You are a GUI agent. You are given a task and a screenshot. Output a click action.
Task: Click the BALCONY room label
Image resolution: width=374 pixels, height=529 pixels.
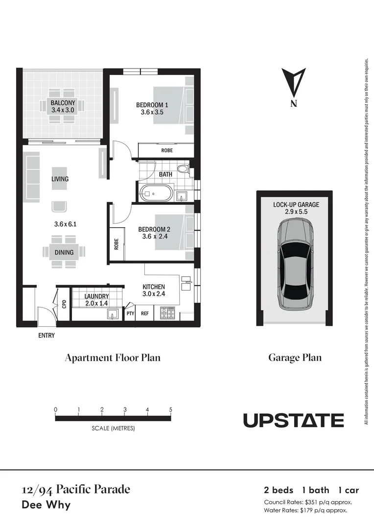tap(63, 103)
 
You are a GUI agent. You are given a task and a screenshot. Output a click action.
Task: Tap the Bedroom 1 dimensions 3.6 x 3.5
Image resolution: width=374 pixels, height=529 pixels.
tap(152, 112)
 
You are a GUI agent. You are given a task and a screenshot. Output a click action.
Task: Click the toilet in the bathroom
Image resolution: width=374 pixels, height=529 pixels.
tap(182, 169)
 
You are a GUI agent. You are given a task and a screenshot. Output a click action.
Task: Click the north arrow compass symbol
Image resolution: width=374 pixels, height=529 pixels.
tap(294, 84)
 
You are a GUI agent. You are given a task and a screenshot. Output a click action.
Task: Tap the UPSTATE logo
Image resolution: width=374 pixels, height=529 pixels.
tap(294, 420)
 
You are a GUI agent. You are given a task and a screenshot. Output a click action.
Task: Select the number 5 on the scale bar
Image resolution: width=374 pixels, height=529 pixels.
tap(171, 409)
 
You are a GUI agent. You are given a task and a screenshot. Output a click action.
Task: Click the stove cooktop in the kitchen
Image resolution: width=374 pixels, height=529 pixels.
tap(167, 312)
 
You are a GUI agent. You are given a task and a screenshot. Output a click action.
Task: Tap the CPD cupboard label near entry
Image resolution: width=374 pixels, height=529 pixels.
tap(64, 304)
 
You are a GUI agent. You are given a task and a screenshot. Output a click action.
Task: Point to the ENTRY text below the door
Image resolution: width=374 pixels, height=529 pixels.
tap(47, 336)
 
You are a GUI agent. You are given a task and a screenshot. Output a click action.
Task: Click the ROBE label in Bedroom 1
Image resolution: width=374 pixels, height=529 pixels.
tap(167, 150)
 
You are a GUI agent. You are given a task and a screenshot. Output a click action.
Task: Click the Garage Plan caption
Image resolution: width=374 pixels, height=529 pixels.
tap(295, 358)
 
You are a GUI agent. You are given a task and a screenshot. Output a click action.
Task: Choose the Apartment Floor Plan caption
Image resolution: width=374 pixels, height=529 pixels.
tap(113, 358)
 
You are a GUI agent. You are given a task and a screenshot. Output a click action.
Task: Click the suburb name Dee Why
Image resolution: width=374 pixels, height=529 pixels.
tap(47, 505)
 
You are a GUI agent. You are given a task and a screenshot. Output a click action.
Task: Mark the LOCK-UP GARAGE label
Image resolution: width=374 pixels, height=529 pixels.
tap(296, 205)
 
